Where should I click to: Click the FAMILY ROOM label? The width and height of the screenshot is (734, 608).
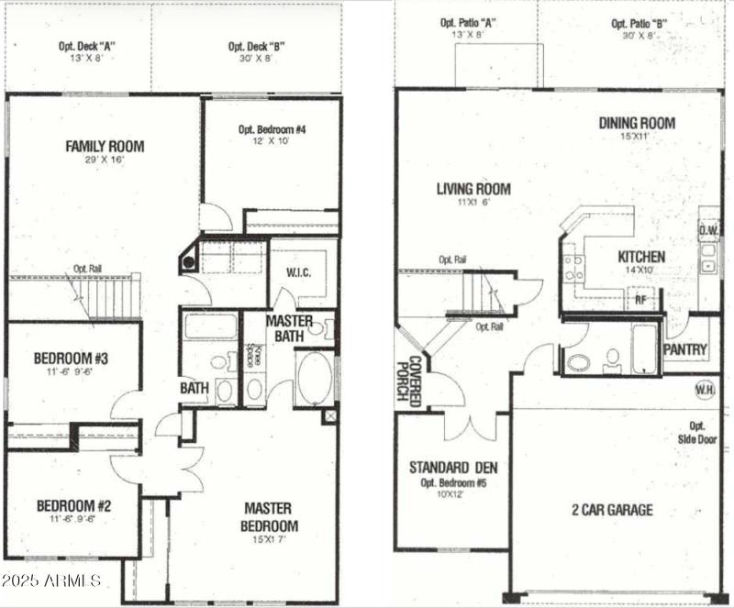click(x=105, y=146)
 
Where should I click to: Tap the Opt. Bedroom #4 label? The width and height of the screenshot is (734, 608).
click(x=272, y=129)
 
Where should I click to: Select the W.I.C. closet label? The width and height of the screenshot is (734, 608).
click(x=300, y=271)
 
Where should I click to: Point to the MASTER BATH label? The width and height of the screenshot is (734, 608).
click(x=289, y=329)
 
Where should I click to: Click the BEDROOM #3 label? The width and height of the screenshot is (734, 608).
click(x=72, y=358)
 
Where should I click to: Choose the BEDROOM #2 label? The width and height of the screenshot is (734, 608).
click(x=73, y=505)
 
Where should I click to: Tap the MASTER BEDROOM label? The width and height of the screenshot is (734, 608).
click(x=270, y=516)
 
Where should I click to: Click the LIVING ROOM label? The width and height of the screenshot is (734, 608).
click(x=473, y=190)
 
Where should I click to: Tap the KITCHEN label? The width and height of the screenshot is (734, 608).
click(x=641, y=257)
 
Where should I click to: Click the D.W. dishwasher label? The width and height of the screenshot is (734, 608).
click(x=707, y=230)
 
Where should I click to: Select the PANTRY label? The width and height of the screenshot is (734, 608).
click(x=684, y=349)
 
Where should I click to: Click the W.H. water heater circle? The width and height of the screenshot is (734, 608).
click(x=706, y=389)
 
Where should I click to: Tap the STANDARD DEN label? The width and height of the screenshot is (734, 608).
click(x=453, y=468)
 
